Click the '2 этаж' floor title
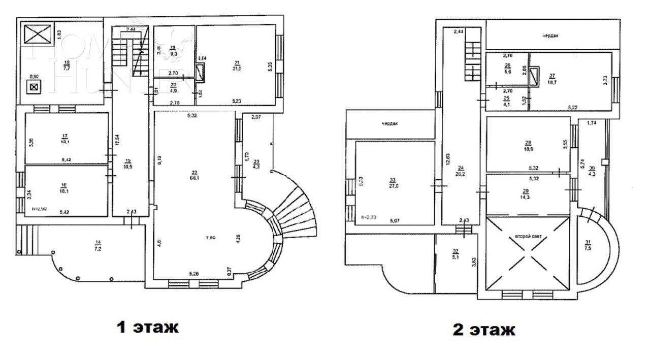tap(483, 330)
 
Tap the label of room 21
tap(237, 65)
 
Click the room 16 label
tap(64, 188)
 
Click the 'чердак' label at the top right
tap(553, 36)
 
